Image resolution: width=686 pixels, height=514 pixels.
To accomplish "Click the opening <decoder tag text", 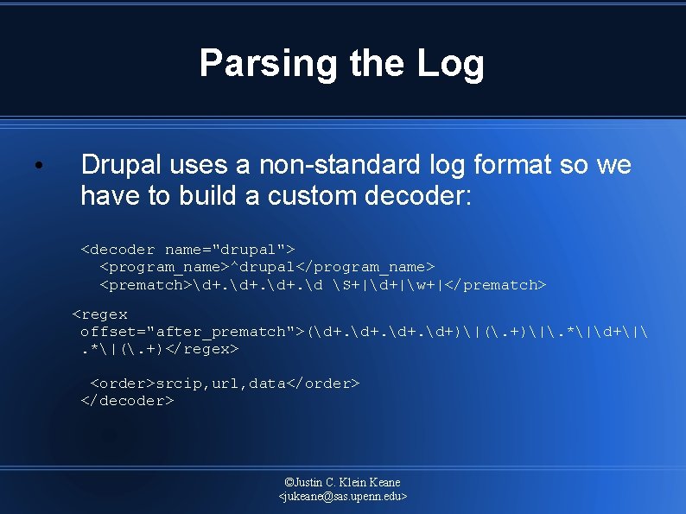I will [118, 250].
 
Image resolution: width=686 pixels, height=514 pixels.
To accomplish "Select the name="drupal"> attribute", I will [230, 250].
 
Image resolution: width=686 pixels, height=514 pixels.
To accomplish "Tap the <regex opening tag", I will [99, 314].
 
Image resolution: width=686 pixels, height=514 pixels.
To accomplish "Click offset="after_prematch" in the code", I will [187, 332].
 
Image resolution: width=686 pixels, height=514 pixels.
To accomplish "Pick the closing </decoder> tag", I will [127, 401].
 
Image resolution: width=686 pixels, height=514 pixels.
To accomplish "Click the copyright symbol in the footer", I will [289, 482].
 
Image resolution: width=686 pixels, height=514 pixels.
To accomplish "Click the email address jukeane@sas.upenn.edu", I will [343, 497].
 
